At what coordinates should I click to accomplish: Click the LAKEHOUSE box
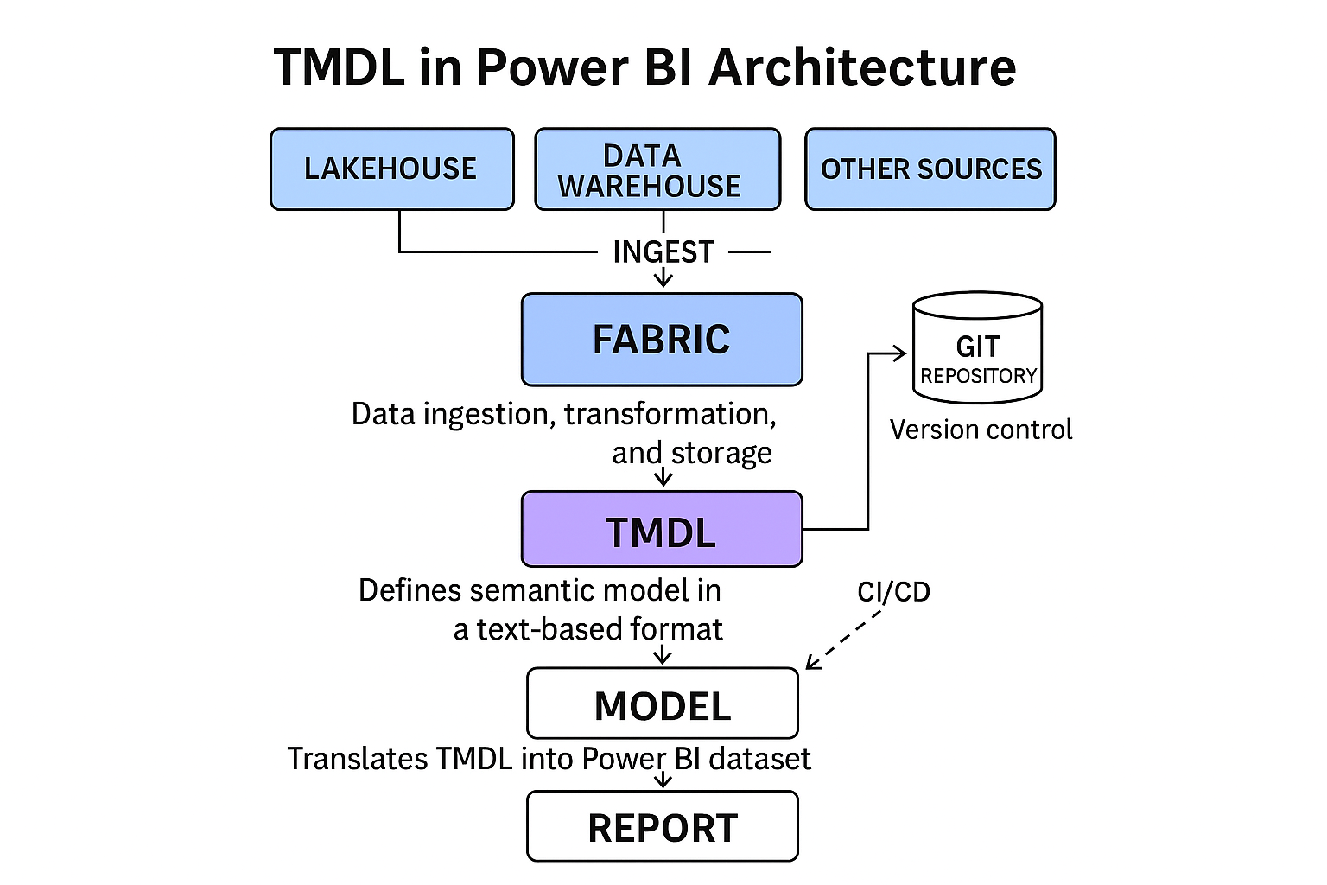[391, 169]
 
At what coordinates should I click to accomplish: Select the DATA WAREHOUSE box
[657, 169]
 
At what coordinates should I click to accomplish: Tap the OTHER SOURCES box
[930, 169]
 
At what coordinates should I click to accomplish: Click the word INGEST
[663, 252]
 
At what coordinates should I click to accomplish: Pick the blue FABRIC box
[662, 340]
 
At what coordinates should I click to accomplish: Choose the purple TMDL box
[662, 529]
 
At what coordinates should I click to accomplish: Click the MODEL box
[662, 704]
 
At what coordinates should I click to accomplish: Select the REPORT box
[662, 826]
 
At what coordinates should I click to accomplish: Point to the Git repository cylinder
[977, 347]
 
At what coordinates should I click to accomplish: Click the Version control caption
[981, 430]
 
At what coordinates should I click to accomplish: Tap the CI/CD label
[893, 592]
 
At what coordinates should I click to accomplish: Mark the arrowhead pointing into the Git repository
[900, 353]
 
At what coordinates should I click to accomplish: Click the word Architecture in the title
[861, 67]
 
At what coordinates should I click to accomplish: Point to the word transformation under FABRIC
[670, 415]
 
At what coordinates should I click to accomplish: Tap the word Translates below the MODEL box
[357, 759]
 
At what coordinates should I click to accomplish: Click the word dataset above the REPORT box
[759, 759]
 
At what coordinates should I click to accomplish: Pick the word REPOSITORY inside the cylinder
[978, 376]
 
